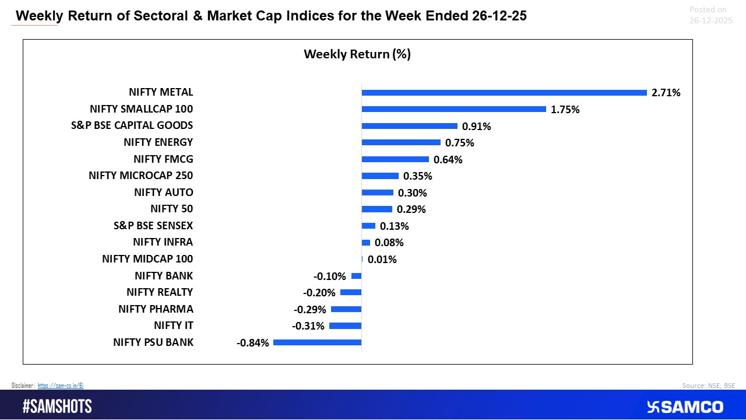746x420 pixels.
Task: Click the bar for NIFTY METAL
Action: tap(504, 93)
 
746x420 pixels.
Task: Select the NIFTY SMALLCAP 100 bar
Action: tap(453, 109)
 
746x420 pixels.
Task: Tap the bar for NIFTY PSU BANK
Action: tap(317, 342)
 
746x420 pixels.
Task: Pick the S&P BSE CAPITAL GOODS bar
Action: tap(409, 126)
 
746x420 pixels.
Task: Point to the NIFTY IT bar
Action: tap(345, 326)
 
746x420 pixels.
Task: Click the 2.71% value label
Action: tap(666, 93)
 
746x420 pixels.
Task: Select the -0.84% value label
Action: tap(253, 343)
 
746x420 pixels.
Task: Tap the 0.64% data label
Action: tap(448, 159)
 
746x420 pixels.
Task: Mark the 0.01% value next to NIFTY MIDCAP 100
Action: tap(382, 260)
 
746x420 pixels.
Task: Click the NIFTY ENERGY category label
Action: tap(158, 142)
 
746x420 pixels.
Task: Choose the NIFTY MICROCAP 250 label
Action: tap(140, 176)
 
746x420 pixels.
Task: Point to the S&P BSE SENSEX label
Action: tap(153, 226)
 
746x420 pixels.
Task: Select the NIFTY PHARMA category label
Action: tap(156, 309)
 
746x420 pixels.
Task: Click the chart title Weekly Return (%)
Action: tap(357, 54)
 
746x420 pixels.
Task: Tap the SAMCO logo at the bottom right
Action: tap(685, 407)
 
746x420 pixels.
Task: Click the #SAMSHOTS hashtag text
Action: tap(57, 407)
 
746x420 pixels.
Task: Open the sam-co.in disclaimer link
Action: tap(61, 386)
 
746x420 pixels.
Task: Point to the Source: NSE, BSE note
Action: tap(708, 386)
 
